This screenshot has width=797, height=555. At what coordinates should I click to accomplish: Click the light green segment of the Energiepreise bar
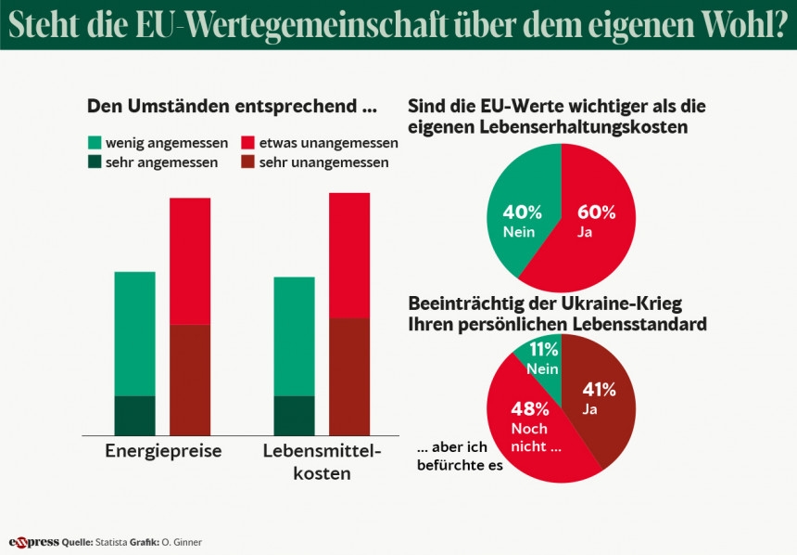click(x=134, y=333)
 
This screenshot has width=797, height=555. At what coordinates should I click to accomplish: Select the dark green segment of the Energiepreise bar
click(x=134, y=415)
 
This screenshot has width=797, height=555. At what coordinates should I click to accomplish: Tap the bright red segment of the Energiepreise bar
click(x=189, y=261)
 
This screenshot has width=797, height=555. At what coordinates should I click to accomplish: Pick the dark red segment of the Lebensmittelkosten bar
click(x=349, y=376)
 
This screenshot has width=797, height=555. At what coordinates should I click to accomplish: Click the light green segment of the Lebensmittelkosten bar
click(x=295, y=336)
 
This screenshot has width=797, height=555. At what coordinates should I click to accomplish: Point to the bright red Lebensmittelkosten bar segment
click(x=349, y=255)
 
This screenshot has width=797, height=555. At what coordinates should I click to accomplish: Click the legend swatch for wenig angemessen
click(x=94, y=143)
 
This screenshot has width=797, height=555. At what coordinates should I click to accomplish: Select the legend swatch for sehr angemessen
click(x=94, y=161)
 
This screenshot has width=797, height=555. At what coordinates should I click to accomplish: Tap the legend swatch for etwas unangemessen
click(x=247, y=143)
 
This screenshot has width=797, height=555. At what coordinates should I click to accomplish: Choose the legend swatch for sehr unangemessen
click(x=247, y=161)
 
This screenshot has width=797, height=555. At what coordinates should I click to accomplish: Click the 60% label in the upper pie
click(x=596, y=213)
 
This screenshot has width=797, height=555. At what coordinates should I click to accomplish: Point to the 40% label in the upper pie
click(x=520, y=213)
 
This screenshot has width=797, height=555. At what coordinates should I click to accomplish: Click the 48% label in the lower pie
click(x=531, y=408)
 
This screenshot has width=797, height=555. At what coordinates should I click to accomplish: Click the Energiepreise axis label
click(x=163, y=452)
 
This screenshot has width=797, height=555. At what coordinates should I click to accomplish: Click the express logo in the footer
click(x=33, y=542)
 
